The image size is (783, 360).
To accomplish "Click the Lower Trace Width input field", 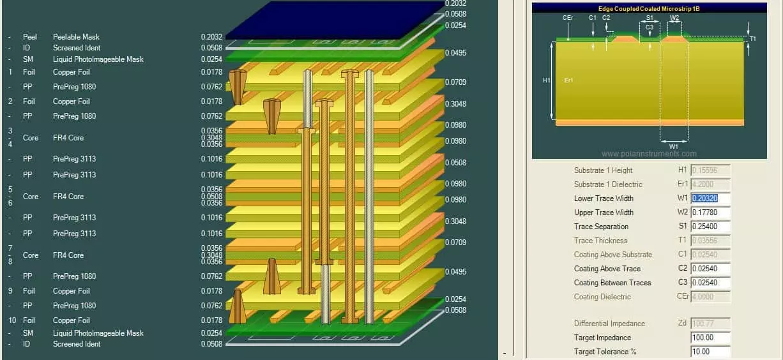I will (710, 199).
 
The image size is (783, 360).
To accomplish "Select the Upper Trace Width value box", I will (710, 213).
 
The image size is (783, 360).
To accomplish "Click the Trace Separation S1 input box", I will (710, 227).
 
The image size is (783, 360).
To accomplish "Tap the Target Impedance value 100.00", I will (710, 338).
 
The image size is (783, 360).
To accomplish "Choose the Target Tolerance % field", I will (710, 352).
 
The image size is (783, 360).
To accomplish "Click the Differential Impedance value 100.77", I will (710, 324).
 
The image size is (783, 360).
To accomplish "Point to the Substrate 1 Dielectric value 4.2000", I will (710, 184).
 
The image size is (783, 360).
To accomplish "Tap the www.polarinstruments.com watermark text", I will (649, 154).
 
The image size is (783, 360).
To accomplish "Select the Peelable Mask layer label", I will (76, 37).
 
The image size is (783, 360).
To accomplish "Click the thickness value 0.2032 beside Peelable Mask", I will (211, 37).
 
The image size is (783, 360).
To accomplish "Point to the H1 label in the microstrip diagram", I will (546, 80).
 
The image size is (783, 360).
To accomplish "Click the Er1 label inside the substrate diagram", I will (568, 80).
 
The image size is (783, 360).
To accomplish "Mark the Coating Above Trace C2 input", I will (710, 269).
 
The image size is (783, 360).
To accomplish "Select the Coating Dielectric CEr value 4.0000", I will (710, 297).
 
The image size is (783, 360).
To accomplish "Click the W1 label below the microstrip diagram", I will (673, 146).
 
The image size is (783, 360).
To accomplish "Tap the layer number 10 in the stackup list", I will (10, 320).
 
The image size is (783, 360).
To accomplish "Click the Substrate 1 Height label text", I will (603, 170).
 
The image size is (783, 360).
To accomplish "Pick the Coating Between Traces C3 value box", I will (710, 283).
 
